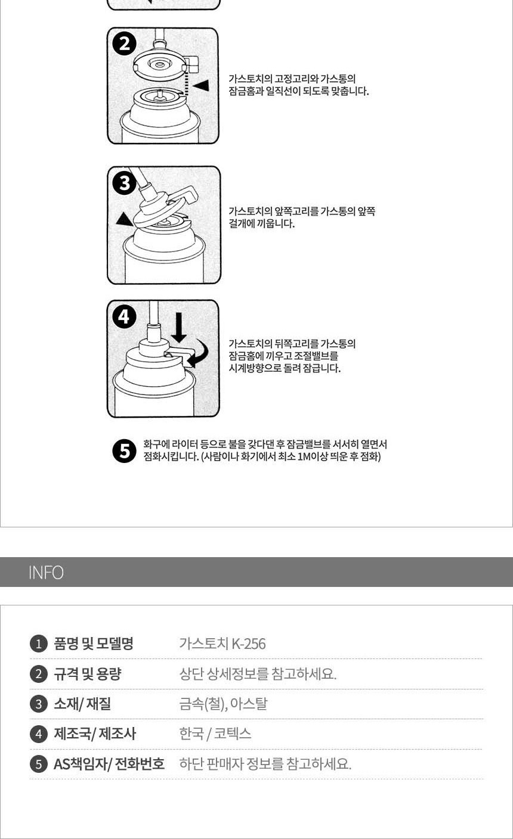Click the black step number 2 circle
coord(125,44)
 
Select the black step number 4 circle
coord(124,317)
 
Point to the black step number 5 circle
coord(124,450)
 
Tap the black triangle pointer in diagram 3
coord(124,219)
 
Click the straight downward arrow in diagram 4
coord(179,328)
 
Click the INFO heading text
coord(46,573)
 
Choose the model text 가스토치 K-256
coord(222,644)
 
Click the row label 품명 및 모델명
coord(94,644)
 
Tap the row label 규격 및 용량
coord(88,674)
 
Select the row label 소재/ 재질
coord(82,704)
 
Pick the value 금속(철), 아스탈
coord(224,704)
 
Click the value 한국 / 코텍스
coord(215,734)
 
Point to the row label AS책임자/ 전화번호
coord(109,764)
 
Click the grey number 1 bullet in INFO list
coord(39,644)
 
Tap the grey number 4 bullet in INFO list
coord(39,734)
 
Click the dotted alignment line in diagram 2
coord(186,80)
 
